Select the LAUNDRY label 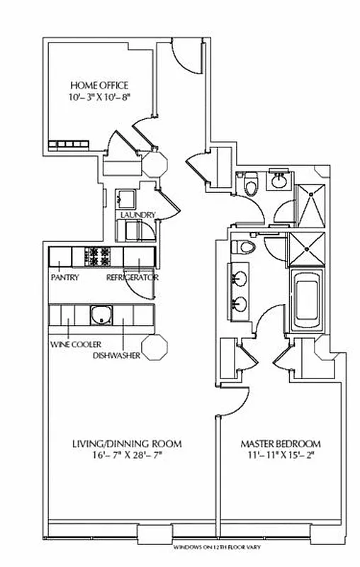[137, 215]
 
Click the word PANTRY [64, 278]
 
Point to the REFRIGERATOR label [133, 278]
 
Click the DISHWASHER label [115, 355]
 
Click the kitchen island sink [102, 314]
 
